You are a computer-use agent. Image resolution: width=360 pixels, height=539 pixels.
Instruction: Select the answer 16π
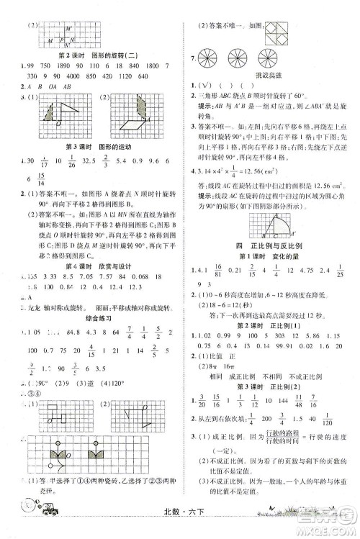(233, 385)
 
